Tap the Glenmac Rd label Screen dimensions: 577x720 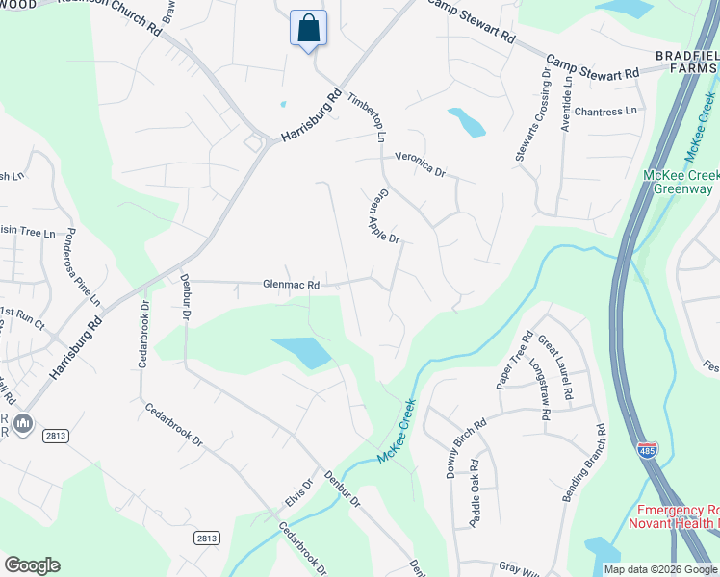pyautogui.click(x=291, y=285)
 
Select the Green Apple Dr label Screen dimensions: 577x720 pyautogui.click(x=384, y=216)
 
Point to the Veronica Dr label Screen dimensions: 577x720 pyautogui.click(x=421, y=164)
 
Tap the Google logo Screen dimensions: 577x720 pyautogui.click(x=32, y=565)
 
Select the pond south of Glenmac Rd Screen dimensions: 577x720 pyautogui.click(x=302, y=352)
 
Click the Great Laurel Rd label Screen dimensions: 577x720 pyautogui.click(x=555, y=366)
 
